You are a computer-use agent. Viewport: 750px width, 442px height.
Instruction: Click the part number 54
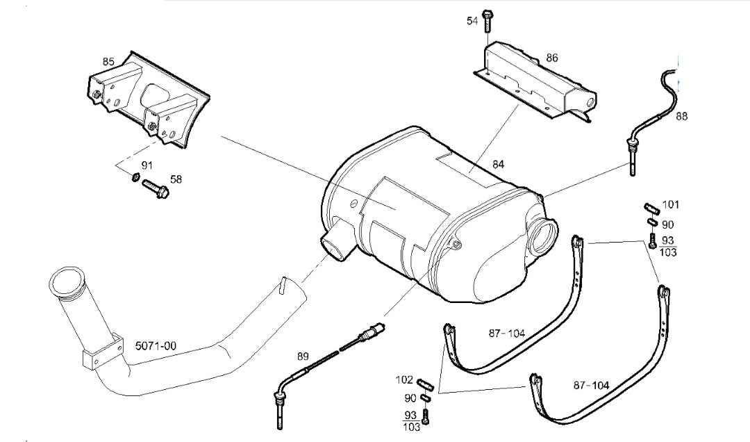click(472, 22)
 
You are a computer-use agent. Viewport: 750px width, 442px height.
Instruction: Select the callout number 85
click(108, 61)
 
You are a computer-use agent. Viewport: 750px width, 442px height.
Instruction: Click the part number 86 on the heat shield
click(551, 58)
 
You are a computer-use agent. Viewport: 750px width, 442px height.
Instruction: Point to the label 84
click(498, 165)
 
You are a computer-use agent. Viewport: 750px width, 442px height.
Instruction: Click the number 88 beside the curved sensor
click(682, 116)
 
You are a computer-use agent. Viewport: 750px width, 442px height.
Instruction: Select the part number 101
click(671, 205)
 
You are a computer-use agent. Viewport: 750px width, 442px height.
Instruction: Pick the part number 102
click(404, 380)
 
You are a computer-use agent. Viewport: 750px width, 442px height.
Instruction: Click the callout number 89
click(303, 357)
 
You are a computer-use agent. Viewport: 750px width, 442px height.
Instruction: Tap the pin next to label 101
click(651, 207)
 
